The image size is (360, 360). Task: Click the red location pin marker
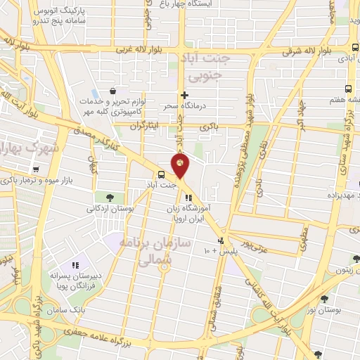pyautogui.click(x=181, y=165)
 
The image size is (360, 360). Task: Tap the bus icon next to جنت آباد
pyautogui.click(x=162, y=174)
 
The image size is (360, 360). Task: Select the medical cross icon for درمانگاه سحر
pyautogui.click(x=184, y=95)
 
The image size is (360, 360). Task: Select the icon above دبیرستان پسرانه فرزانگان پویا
pyautogui.click(x=75, y=265)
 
